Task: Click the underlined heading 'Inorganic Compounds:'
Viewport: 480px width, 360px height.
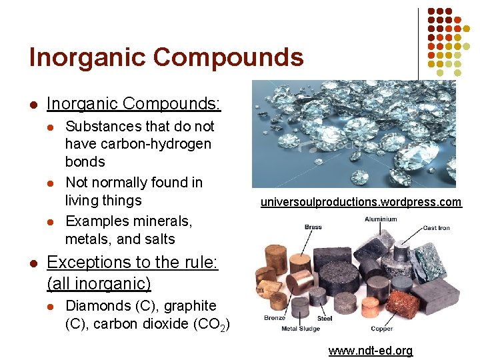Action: coord(134,104)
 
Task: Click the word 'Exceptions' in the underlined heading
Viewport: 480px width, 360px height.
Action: coord(87,263)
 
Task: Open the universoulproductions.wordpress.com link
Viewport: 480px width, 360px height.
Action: coord(361,202)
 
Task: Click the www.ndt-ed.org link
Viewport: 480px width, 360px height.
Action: coord(371,351)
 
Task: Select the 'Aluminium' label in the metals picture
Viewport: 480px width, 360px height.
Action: coord(381,219)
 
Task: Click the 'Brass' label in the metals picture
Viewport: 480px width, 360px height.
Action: coord(313,227)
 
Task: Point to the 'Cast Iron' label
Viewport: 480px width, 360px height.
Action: coord(437,228)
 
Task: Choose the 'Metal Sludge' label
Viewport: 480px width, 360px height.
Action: coord(301,329)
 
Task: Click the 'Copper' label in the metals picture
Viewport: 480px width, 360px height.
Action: coord(382,329)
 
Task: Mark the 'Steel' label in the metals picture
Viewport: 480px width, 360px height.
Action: coord(325,319)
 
